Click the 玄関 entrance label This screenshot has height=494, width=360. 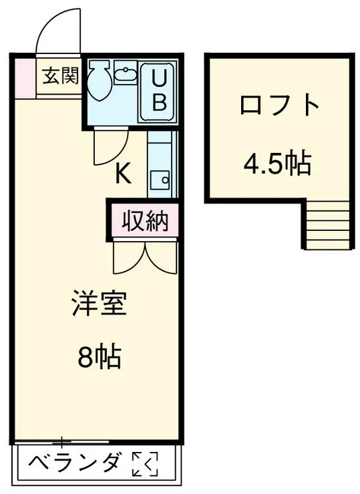point(61,76)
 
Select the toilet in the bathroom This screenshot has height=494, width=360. point(102,80)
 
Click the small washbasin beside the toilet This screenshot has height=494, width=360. point(125,73)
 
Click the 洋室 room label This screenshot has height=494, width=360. point(99,306)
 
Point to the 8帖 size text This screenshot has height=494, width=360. point(99,358)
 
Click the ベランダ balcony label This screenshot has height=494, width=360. point(76,463)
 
